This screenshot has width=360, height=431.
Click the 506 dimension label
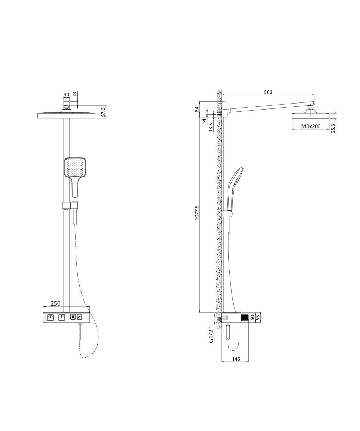(268, 92)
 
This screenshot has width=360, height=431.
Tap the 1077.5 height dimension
(197, 212)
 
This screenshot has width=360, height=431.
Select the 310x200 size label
(311, 126)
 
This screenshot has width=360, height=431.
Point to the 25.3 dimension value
(333, 128)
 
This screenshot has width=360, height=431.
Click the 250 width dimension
(55, 303)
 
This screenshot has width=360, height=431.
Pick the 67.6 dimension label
(103, 112)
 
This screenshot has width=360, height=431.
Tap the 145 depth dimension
(236, 359)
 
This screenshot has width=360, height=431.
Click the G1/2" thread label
(211, 335)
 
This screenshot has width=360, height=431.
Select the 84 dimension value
(197, 109)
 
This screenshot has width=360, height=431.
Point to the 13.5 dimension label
(210, 128)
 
